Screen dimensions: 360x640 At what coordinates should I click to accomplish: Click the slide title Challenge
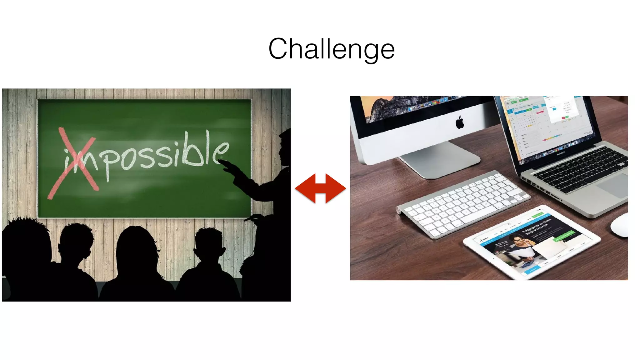[x=331, y=49]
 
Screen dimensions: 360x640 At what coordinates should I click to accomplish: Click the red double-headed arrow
[x=320, y=188]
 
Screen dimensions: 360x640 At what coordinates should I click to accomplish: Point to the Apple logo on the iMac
[x=460, y=122]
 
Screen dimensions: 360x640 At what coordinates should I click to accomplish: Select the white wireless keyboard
[x=462, y=205]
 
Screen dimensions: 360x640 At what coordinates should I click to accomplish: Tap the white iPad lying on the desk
[x=531, y=242]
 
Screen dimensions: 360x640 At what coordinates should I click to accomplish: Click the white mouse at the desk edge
[x=620, y=225]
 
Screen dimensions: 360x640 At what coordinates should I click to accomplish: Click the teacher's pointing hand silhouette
[x=230, y=167]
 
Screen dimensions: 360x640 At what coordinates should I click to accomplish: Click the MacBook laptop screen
[x=547, y=125]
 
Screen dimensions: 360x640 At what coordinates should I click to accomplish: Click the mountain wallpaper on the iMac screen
[x=391, y=108]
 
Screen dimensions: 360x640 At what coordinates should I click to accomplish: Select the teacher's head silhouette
[x=285, y=147]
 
